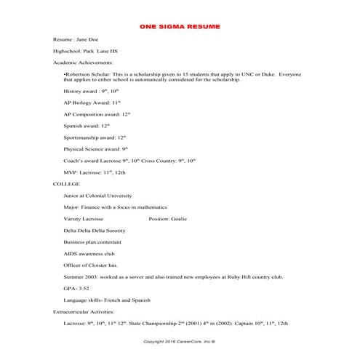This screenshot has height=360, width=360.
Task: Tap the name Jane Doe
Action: (x=86, y=40)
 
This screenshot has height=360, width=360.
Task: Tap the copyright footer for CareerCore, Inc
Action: (x=180, y=340)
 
